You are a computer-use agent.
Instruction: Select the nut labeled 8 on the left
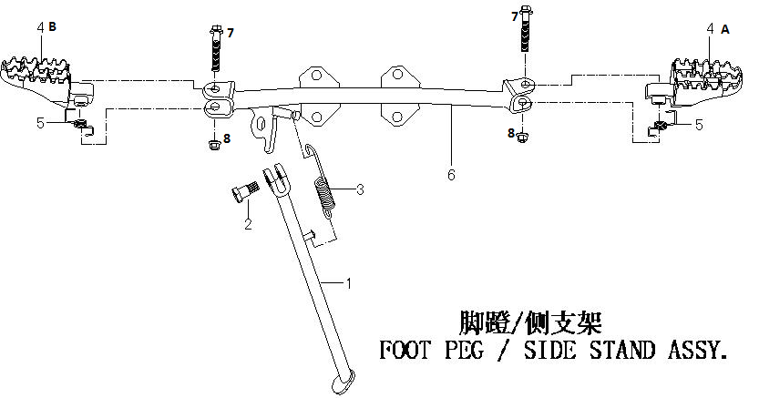[x=212, y=144]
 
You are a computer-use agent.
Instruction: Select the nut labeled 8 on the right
[x=521, y=138]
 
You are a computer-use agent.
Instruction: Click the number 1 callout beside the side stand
[x=348, y=283]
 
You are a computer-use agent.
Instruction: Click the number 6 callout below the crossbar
[x=451, y=175]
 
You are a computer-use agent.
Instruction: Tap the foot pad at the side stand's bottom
[x=344, y=381]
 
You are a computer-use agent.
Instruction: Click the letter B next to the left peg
[x=52, y=26]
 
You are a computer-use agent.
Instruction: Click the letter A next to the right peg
[x=724, y=29]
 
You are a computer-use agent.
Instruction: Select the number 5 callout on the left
[x=41, y=123]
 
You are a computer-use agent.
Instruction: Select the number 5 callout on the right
[x=699, y=125]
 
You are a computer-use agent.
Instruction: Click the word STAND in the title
[x=622, y=350]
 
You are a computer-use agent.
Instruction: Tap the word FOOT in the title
[x=405, y=350]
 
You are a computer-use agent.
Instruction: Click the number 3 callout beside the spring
[x=360, y=189]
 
